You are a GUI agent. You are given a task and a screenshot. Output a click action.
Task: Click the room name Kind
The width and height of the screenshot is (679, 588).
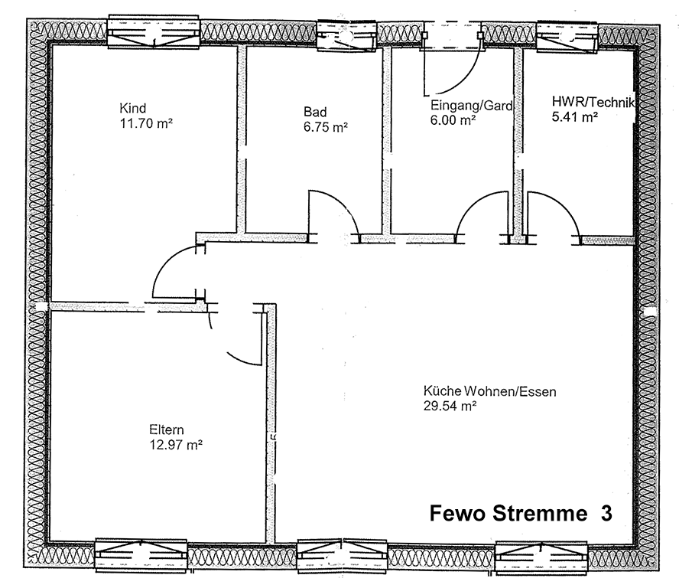click(x=133, y=108)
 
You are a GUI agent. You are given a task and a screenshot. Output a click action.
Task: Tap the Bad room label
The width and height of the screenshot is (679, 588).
click(x=315, y=113)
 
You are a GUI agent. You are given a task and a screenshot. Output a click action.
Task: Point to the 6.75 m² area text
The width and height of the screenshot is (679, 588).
click(x=326, y=128)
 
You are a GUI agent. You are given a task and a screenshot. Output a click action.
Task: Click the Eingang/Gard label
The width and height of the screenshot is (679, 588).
click(x=471, y=106)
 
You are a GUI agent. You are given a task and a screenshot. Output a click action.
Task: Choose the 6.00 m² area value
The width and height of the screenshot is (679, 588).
click(x=453, y=120)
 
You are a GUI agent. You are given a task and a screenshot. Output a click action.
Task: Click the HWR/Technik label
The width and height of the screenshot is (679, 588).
click(x=593, y=102)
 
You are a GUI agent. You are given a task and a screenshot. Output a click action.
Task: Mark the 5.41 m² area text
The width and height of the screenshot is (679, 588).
click(x=574, y=117)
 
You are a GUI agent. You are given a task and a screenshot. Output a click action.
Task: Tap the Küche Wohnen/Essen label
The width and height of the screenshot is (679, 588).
click(x=489, y=392)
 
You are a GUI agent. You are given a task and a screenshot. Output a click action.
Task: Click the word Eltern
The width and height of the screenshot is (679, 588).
click(x=167, y=430)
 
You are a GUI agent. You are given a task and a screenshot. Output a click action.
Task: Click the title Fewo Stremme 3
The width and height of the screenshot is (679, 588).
click(x=521, y=513)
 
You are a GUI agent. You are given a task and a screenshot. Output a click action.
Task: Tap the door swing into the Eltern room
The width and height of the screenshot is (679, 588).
click(x=241, y=337)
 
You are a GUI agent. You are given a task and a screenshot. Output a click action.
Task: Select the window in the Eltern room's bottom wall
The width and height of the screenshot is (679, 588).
click(x=141, y=554)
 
